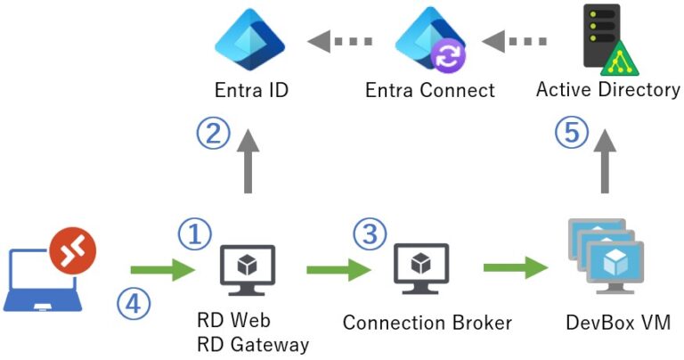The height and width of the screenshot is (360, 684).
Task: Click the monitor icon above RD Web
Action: coord(247,266)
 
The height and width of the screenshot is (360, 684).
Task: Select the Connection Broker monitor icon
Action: coord(420,266)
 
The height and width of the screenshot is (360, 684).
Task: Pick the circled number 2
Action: coord(213,135)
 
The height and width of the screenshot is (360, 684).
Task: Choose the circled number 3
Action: coord(370,234)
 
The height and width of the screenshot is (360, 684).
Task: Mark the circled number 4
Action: coord(134,303)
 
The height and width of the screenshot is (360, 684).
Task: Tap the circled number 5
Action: coord(572,135)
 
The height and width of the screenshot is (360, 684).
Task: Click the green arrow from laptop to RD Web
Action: coord(161,267)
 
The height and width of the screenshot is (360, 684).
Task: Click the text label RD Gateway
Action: coord(253,343)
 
